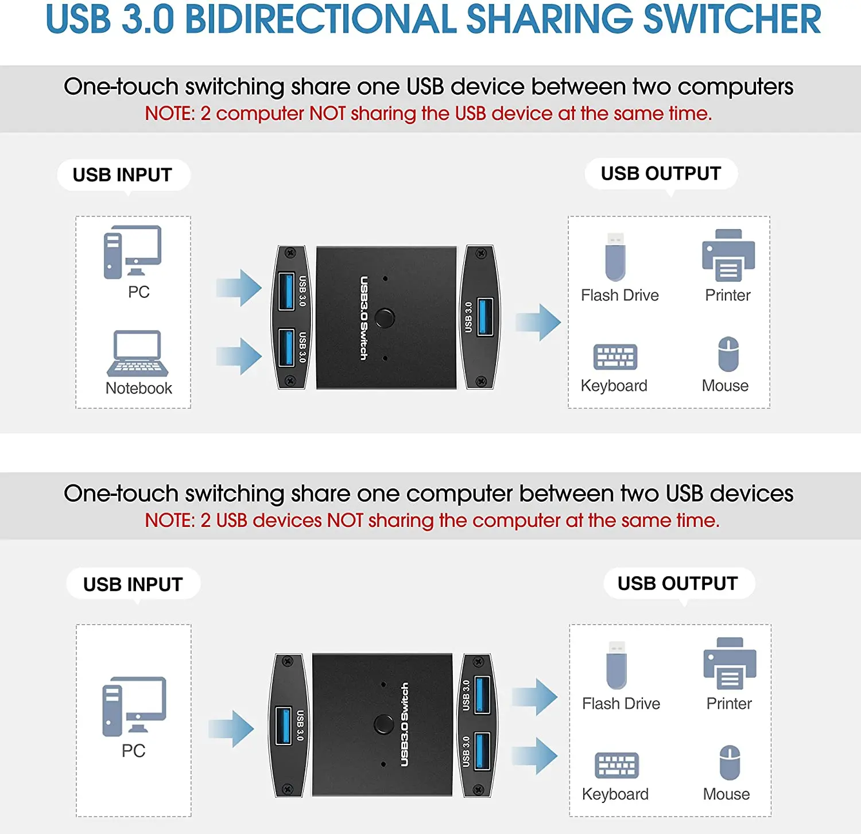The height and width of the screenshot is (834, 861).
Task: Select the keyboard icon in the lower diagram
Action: click(616, 765)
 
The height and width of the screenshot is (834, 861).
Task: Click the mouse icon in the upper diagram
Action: click(728, 354)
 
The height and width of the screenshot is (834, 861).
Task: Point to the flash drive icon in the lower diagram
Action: click(616, 665)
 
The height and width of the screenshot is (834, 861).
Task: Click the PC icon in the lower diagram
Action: click(134, 706)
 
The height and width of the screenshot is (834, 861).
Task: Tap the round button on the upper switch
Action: click(384, 318)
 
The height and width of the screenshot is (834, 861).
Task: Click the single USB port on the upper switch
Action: click(485, 316)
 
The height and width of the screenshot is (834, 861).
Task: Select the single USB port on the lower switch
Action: click(284, 726)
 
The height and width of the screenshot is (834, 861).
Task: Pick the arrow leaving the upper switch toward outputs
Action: click(538, 322)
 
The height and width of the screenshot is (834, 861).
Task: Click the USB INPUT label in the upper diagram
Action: click(123, 174)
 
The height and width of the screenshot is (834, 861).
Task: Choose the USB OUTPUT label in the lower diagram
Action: click(677, 583)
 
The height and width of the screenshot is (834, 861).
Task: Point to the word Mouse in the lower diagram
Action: click(726, 794)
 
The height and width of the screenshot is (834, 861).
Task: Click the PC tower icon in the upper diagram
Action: click(113, 253)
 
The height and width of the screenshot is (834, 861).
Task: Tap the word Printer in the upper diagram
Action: click(728, 295)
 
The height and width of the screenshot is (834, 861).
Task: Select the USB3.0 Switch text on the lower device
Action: click(405, 724)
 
